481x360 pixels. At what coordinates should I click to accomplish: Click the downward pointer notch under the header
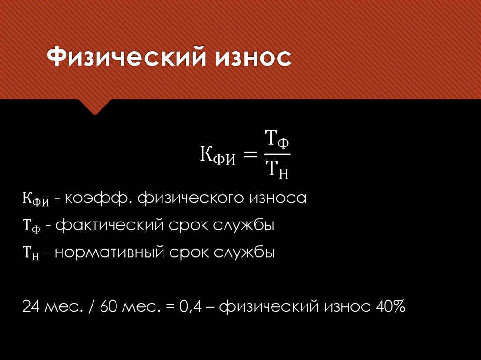(x=95, y=107)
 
